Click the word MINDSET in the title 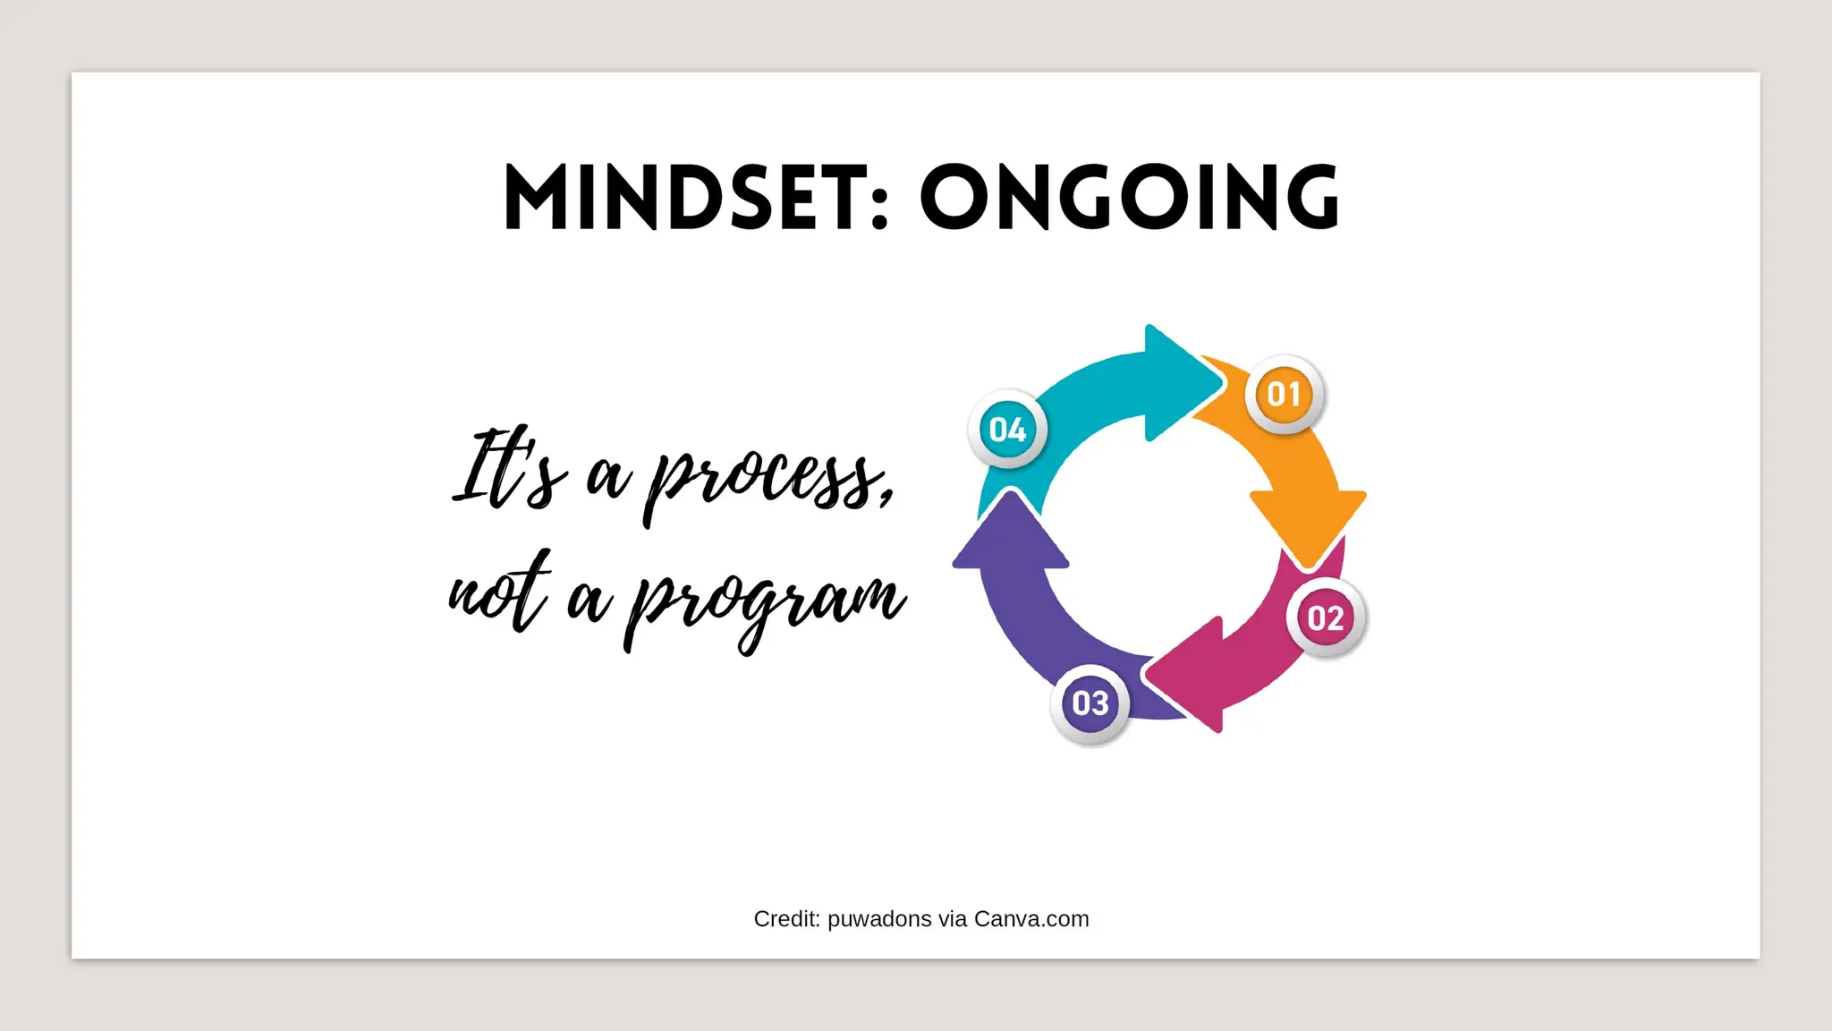[x=680, y=198]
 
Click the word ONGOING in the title [x=1129, y=198]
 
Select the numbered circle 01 [x=1284, y=394]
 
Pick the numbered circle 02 [x=1326, y=618]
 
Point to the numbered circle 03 [x=1090, y=703]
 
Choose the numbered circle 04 [x=1008, y=430]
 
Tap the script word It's [x=510, y=470]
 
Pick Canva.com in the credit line [x=1031, y=919]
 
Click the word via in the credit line [x=953, y=919]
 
